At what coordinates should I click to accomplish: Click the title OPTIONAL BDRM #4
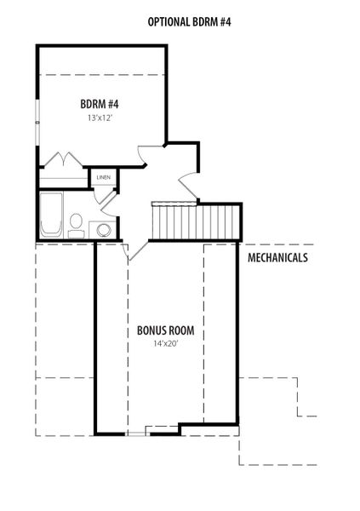(x=189, y=22)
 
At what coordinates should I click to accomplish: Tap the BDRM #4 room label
(x=100, y=104)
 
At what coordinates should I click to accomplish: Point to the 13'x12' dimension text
(x=100, y=118)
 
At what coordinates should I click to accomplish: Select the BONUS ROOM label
(x=165, y=330)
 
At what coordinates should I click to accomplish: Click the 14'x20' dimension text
(x=165, y=343)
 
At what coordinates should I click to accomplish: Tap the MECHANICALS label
(x=277, y=257)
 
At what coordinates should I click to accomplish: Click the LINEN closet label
(x=104, y=177)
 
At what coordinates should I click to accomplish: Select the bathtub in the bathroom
(x=51, y=214)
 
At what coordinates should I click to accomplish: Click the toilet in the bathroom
(x=76, y=226)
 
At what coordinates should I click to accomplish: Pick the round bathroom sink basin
(x=104, y=230)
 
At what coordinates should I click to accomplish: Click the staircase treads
(x=196, y=222)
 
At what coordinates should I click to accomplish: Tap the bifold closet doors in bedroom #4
(x=63, y=159)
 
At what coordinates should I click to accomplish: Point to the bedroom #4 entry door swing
(x=142, y=155)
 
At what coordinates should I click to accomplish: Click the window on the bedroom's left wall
(x=37, y=122)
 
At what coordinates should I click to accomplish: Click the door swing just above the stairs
(x=188, y=185)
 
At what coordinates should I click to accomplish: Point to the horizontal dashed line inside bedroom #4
(x=102, y=75)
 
